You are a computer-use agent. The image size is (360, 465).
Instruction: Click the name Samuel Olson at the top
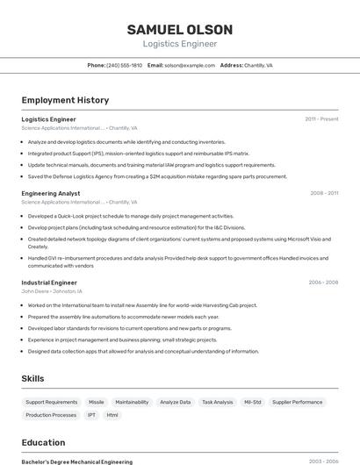point(179,29)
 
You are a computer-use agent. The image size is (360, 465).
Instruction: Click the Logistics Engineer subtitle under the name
point(179,43)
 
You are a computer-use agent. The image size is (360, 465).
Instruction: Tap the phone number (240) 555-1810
point(124,65)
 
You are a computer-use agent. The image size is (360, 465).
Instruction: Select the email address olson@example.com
point(190,65)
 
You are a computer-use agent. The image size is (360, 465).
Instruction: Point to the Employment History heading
point(65,100)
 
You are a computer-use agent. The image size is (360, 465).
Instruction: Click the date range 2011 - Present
point(321,118)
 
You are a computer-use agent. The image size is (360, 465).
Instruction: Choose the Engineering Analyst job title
point(51,193)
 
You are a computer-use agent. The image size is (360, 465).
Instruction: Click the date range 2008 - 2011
point(324,193)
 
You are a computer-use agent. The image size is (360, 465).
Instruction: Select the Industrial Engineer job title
point(49,283)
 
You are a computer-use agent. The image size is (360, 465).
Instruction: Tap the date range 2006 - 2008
point(323,283)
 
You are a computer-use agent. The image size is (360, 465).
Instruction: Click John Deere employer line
point(52,291)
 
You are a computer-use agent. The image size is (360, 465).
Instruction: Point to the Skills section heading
point(33,378)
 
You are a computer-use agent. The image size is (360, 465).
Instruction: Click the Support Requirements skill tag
point(52,402)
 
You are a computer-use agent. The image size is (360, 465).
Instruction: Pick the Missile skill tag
point(97,402)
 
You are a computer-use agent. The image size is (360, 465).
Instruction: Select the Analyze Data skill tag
point(176,402)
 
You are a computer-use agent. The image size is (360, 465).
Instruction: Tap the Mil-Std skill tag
point(253,402)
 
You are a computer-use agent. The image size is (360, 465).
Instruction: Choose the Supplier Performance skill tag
point(297,402)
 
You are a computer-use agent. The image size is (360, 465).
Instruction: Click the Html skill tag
point(112,415)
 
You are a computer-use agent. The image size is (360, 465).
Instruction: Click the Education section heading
point(43,442)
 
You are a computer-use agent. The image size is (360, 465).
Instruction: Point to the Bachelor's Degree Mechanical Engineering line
point(77,461)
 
